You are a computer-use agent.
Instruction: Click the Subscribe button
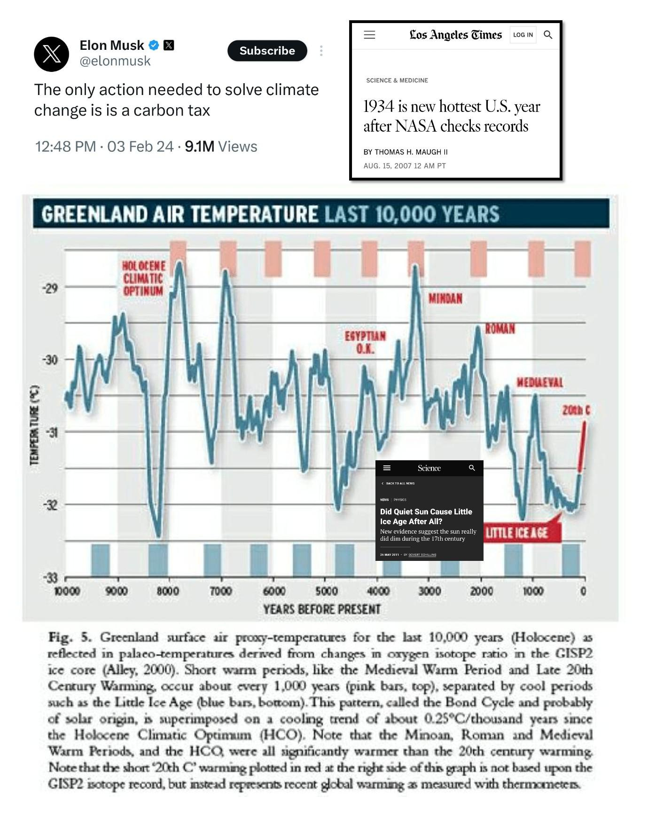[x=267, y=51]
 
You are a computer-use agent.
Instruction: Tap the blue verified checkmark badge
[x=154, y=45]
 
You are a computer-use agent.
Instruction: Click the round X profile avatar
[x=52, y=54]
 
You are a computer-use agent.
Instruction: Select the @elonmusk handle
[x=115, y=61]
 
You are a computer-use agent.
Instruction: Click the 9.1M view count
[x=199, y=147]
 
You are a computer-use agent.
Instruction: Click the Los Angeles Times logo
[x=455, y=35]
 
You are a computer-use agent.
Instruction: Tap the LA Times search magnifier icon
[x=548, y=35]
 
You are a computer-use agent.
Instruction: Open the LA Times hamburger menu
[x=370, y=35]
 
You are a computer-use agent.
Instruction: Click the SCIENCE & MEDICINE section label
[x=397, y=80]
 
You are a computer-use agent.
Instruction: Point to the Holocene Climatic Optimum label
[x=143, y=278]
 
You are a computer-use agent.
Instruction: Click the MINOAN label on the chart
[x=445, y=299]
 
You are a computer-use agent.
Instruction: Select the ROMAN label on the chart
[x=500, y=329]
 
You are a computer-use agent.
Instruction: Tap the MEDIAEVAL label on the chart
[x=540, y=382]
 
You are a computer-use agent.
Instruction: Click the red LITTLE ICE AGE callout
[x=517, y=533]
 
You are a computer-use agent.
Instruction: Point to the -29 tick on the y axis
[x=51, y=288]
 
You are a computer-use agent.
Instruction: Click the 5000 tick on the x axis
[x=326, y=591]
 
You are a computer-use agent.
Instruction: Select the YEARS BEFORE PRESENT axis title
[x=321, y=609]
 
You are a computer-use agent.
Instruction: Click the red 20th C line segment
[x=583, y=447]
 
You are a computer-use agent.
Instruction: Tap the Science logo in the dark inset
[x=429, y=468]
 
